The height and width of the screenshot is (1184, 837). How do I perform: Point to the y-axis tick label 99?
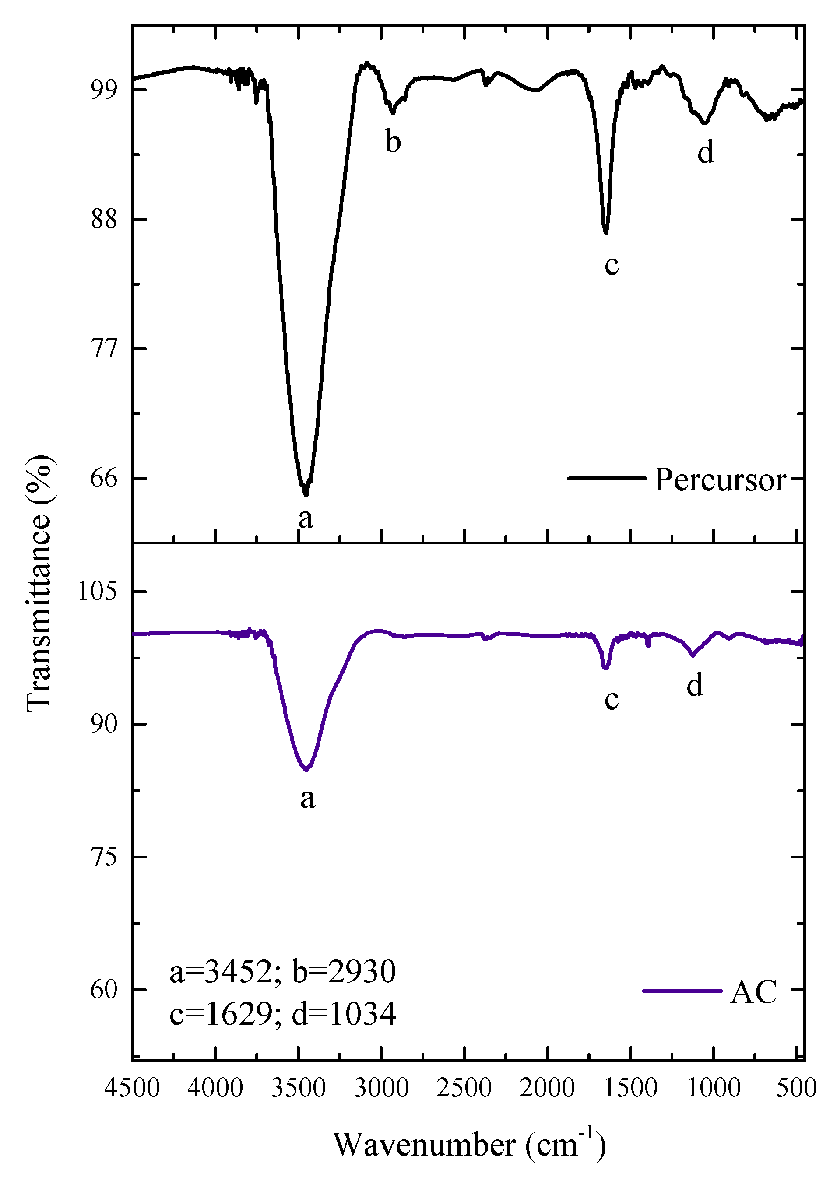(x=104, y=90)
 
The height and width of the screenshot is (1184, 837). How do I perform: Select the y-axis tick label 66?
(x=104, y=478)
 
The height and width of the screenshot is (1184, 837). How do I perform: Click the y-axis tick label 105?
(x=98, y=591)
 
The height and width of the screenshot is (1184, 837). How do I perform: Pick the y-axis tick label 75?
(x=104, y=857)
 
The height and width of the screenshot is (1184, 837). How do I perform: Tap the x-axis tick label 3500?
(x=298, y=1088)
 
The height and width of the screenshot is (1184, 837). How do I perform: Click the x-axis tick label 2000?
(x=547, y=1088)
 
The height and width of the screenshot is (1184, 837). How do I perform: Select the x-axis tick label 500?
(x=796, y=1088)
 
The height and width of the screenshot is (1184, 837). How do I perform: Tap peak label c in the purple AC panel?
(x=612, y=699)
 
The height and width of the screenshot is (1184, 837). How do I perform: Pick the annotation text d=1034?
(x=344, y=1014)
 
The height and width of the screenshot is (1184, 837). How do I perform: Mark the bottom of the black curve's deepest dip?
(x=306, y=494)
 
